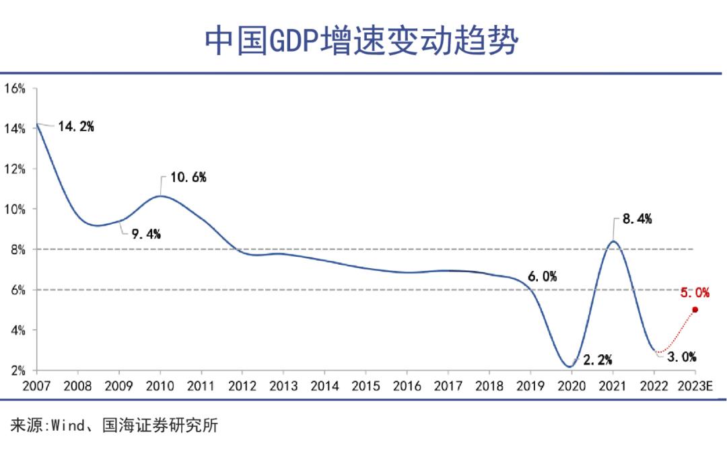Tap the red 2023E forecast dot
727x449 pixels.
pyautogui.click(x=695, y=309)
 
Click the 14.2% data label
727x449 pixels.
pyautogui.click(x=75, y=126)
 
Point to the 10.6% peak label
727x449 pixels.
pyautogui.click(x=188, y=177)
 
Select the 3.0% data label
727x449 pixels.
pyautogui.click(x=681, y=357)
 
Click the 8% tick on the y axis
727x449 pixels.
pyautogui.click(x=16, y=249)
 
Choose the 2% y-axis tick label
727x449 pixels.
pyautogui.click(x=16, y=370)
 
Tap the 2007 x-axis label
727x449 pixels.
pyautogui.click(x=36, y=386)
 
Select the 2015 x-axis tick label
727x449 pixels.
pyautogui.click(x=366, y=386)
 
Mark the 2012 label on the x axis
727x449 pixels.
pyautogui.click(x=242, y=386)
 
